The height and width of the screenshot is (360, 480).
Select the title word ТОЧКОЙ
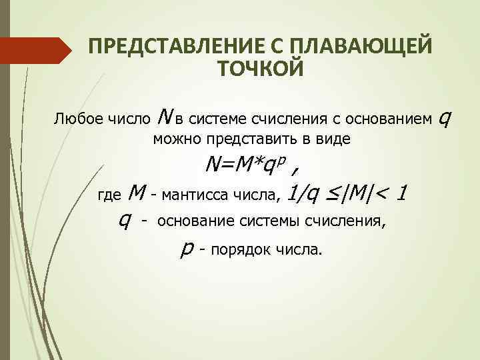click(x=261, y=68)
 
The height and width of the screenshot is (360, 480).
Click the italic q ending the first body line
click(x=445, y=119)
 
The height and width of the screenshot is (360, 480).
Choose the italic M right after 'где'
click(x=135, y=193)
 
